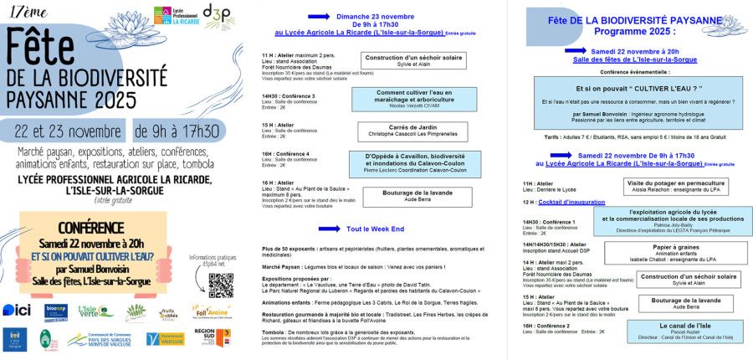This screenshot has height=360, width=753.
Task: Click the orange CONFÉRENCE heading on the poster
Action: [x=92, y=229]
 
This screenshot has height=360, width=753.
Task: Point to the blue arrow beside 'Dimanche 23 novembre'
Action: [x=297, y=16]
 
